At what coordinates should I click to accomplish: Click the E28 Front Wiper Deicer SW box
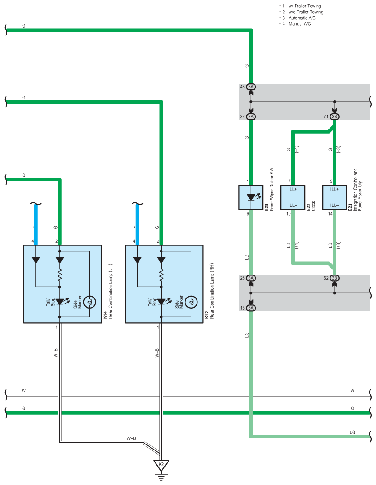pos(251,197)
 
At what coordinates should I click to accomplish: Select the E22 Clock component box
pos(293,197)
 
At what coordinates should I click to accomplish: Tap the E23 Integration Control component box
pos(335,197)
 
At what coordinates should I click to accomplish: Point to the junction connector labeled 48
pos(251,87)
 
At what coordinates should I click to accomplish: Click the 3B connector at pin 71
pos(335,117)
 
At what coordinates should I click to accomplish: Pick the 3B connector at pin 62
pos(335,278)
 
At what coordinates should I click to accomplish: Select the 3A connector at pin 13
pos(251,308)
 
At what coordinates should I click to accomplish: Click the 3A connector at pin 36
pos(251,117)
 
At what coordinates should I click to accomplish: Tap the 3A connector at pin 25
pos(251,278)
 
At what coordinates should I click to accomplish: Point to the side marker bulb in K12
pos(191,302)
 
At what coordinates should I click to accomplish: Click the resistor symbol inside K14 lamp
pos(60,275)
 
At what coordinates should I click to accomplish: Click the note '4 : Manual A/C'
pos(295,24)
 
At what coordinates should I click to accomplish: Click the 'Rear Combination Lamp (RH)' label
pos(212,291)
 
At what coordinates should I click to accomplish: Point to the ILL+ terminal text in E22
pos(292,189)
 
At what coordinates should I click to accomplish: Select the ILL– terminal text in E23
pos(334,205)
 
